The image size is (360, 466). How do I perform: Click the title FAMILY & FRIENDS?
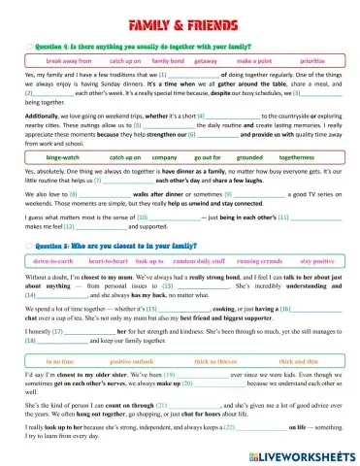180,17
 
